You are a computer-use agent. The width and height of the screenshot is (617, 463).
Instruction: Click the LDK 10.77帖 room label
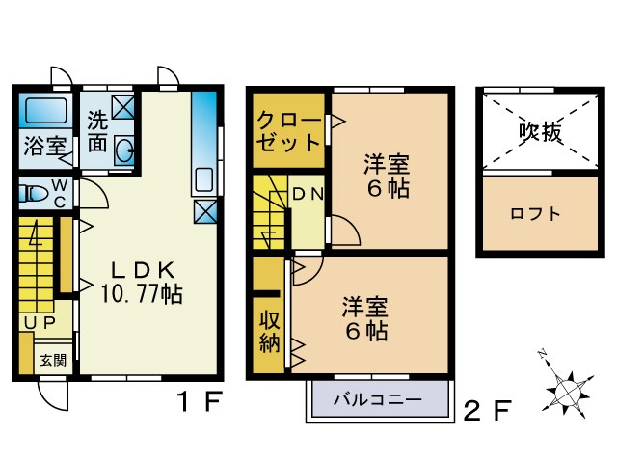pos(142,281)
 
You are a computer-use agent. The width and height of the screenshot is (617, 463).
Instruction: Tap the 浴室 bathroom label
pos(44,148)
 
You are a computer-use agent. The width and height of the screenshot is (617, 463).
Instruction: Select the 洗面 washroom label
pos(97,132)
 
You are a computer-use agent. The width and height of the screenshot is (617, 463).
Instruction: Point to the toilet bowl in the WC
pos(36,193)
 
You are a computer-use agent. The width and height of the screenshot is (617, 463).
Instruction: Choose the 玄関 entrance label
pos(53,360)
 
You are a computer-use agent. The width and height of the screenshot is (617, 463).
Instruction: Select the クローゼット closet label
pos(288,132)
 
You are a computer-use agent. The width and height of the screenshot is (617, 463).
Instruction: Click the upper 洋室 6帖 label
pos(387,175)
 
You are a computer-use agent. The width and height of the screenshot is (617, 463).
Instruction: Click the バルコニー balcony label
pos(377,399)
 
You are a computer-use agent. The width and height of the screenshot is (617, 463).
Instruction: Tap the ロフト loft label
pos(535,214)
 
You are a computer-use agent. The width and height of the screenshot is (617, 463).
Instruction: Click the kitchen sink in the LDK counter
pos(203,180)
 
